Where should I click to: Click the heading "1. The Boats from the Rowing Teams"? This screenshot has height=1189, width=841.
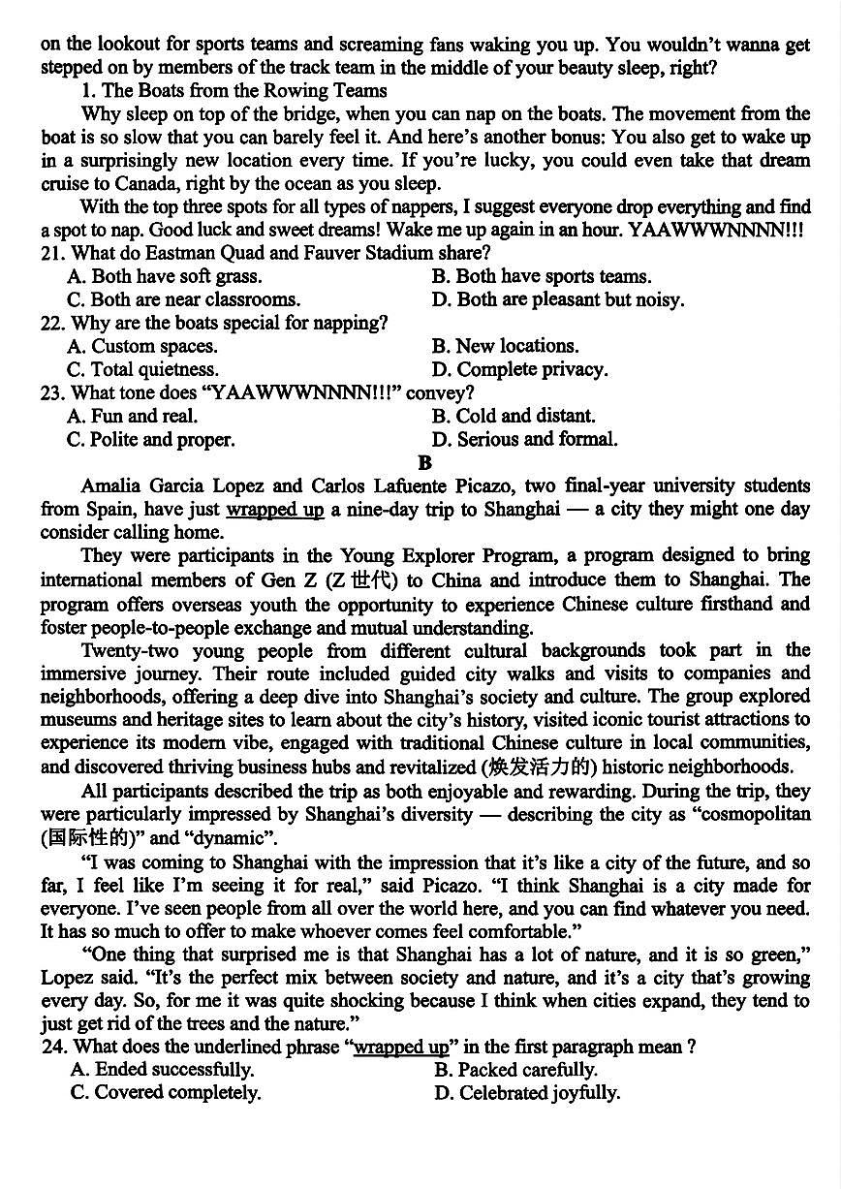pos(234,91)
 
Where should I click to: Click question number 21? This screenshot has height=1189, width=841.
pos(53,254)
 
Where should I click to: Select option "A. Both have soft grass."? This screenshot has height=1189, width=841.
pos(165,277)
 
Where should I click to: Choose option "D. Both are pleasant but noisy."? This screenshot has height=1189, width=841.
pos(558,300)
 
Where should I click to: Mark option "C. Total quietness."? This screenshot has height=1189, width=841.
pos(143,370)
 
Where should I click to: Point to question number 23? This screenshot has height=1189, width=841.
pos(53,393)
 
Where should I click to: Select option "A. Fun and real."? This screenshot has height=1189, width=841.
pos(133,417)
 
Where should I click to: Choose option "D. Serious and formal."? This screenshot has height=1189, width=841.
pos(524,440)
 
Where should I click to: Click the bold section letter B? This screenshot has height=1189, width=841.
pos(424,463)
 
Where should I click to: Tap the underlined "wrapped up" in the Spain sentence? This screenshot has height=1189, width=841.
pos(275,510)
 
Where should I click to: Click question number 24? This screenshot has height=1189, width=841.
pos(53,1048)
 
